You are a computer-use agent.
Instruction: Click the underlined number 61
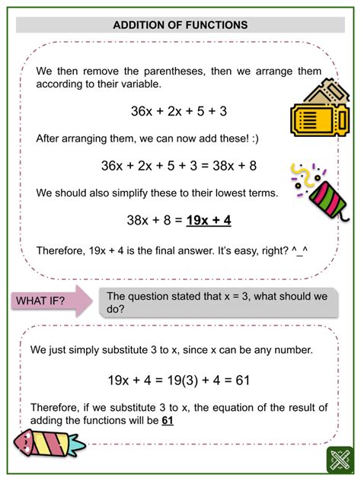168,419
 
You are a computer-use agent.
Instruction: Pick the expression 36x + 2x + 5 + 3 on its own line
180,111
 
